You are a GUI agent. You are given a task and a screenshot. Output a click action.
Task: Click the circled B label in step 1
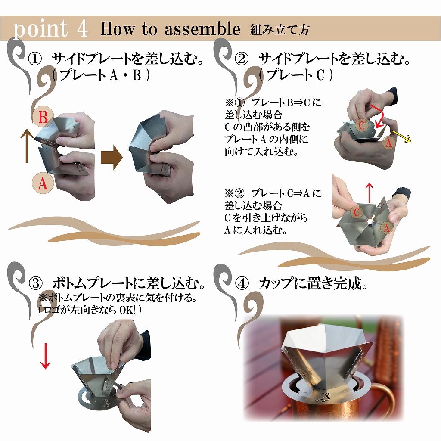tap(43, 117)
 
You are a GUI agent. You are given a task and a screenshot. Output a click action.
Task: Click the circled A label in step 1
tap(43, 183)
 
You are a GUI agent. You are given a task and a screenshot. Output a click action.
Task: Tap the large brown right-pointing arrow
tap(112, 157)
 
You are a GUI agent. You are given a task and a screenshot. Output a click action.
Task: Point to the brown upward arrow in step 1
tap(27, 146)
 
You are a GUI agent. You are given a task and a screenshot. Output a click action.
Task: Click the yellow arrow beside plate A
tap(402, 137)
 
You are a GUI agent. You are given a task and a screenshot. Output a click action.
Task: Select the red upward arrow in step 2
tap(369, 193)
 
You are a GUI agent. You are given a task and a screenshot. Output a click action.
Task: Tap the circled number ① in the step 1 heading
tap(35, 59)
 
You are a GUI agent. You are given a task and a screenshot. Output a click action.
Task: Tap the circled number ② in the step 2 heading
tap(241, 59)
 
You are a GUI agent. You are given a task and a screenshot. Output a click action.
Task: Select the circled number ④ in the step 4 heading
tap(242, 283)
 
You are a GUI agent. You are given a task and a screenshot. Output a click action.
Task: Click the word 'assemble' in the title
tap(202, 29)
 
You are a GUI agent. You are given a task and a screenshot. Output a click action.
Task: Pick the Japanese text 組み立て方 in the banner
tap(280, 29)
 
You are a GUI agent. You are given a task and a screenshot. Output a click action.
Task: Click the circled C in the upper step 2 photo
tap(361, 125)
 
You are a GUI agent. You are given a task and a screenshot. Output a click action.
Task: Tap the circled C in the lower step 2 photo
tap(357, 212)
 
